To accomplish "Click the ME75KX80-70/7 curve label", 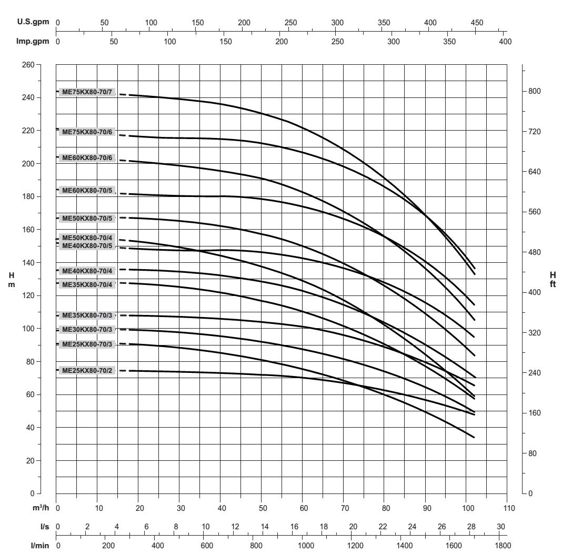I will click(87, 92).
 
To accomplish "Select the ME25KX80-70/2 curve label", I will click(87, 371).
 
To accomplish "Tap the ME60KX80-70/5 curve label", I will click(87, 190).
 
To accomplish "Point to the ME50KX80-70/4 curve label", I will click(87, 238).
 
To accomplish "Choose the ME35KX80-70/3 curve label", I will click(87, 315).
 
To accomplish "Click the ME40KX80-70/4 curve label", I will click(87, 271).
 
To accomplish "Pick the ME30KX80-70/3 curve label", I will click(87, 330).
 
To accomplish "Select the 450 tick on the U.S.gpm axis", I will click(477, 23).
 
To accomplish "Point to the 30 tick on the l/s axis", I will click(501, 527).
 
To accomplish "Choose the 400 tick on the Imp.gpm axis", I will click(504, 41).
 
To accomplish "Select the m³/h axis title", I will click(39, 509).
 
